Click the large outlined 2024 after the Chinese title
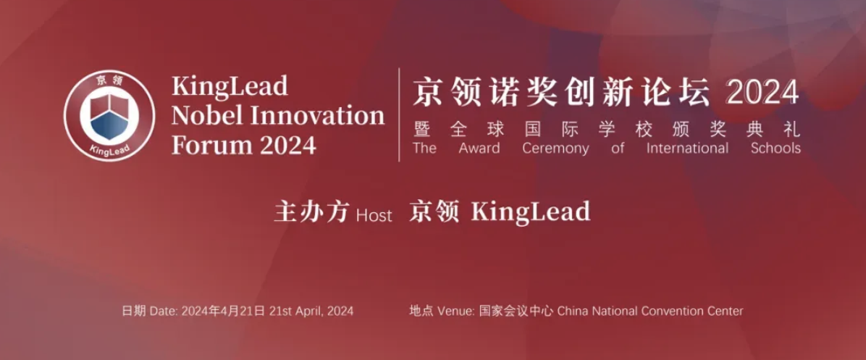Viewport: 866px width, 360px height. click(762, 93)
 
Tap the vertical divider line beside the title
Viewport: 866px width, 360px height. click(399, 115)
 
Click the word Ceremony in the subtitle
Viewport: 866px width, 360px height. click(555, 148)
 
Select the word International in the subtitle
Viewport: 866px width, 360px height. click(688, 148)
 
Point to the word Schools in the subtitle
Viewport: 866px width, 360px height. click(775, 148)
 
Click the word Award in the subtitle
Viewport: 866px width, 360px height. click(479, 148)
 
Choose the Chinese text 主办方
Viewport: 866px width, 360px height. click(311, 213)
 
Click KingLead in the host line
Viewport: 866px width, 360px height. click(530, 212)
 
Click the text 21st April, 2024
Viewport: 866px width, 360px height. click(311, 311)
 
